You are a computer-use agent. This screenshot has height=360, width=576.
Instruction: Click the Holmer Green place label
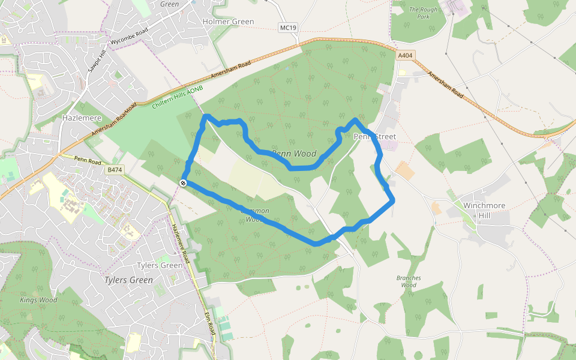229,22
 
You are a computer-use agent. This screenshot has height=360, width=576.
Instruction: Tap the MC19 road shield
289,28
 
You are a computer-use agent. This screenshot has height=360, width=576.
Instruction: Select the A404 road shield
405,55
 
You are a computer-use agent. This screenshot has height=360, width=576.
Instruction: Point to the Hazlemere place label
82,118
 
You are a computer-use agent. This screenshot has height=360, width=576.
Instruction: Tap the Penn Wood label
294,154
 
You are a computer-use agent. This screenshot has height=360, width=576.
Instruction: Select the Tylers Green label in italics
128,280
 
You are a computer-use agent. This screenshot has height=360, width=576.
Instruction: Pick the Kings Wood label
38,300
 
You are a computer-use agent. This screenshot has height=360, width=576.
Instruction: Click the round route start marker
183,183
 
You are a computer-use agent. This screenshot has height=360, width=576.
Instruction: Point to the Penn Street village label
375,137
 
